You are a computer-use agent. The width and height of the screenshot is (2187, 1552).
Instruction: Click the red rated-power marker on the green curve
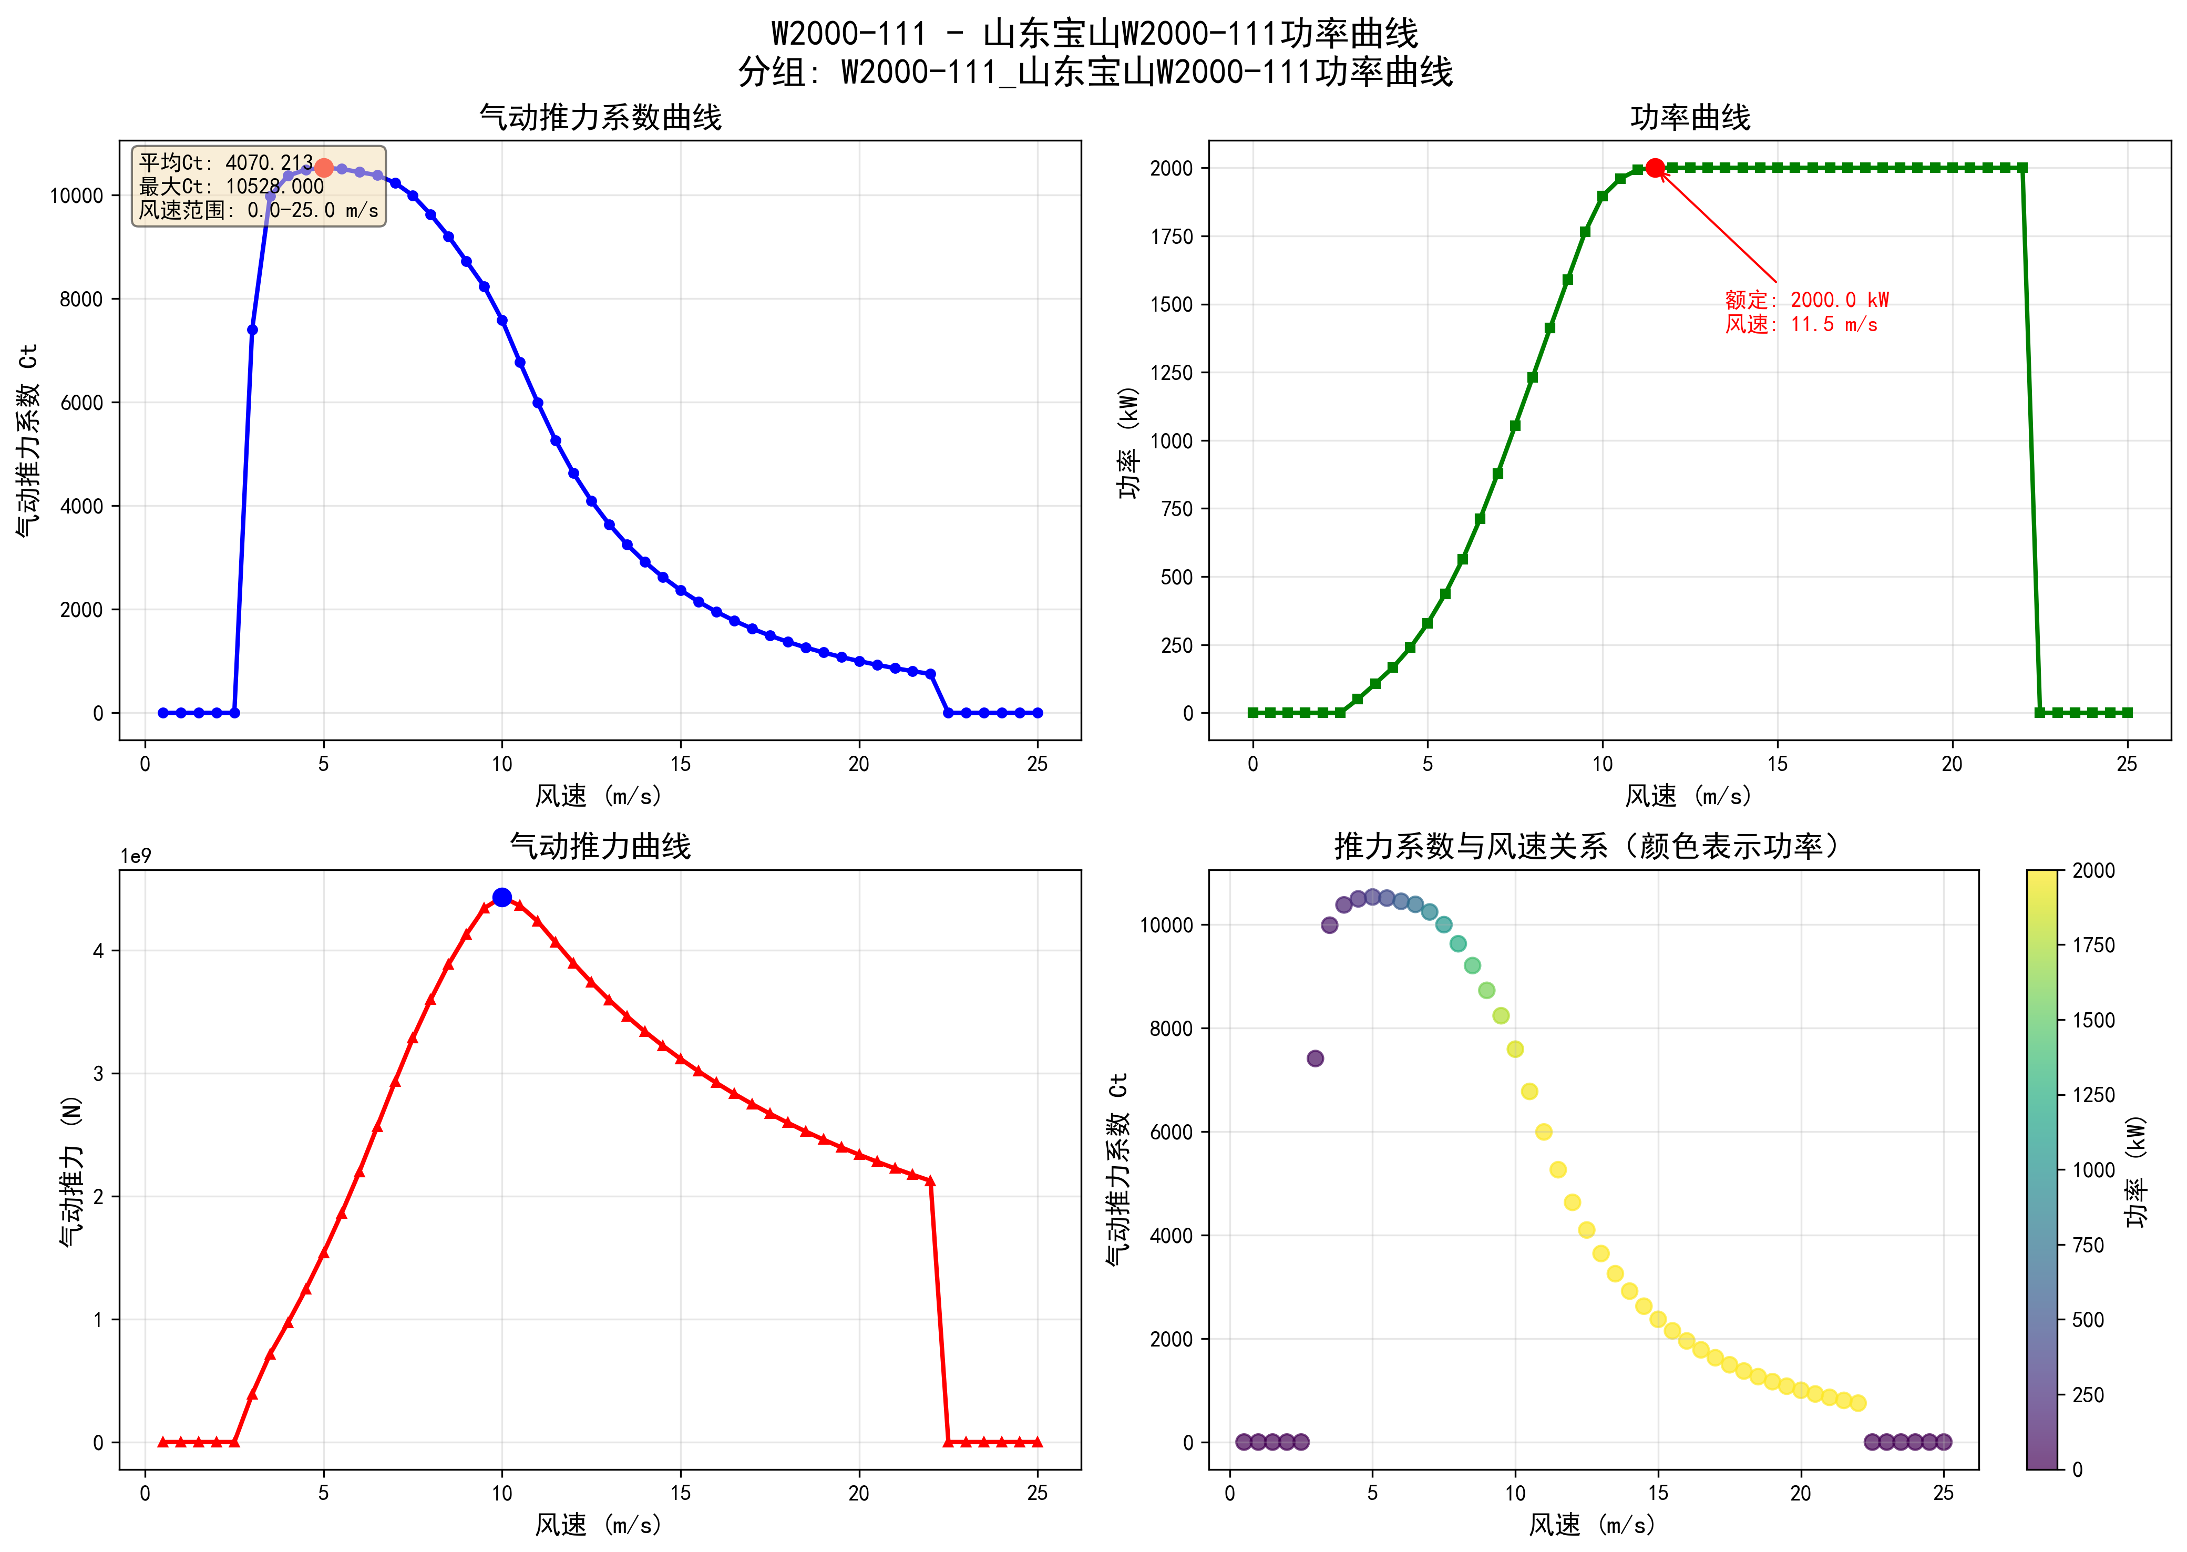1655,168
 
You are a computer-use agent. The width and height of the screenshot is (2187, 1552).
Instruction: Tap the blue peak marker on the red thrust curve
501,897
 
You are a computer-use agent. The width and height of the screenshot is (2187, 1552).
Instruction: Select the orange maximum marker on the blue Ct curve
324,168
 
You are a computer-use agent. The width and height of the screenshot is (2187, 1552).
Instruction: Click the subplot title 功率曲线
1689,118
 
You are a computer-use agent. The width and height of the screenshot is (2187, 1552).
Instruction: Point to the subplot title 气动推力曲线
600,847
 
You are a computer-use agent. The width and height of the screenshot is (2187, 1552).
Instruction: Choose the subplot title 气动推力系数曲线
600,118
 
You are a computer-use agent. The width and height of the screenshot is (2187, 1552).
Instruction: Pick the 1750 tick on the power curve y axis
1172,237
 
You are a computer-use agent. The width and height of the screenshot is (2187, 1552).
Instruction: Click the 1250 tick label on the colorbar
2093,1095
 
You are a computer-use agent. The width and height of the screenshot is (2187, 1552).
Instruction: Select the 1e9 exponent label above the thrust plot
136,856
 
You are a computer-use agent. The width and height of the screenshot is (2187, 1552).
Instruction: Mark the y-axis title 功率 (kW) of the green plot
1130,441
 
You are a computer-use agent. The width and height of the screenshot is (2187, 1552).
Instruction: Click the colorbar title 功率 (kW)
2137,1170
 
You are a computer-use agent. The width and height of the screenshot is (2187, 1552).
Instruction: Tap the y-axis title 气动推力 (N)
71,1170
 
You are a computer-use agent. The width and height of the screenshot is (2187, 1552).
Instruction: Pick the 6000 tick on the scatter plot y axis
1166,1133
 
